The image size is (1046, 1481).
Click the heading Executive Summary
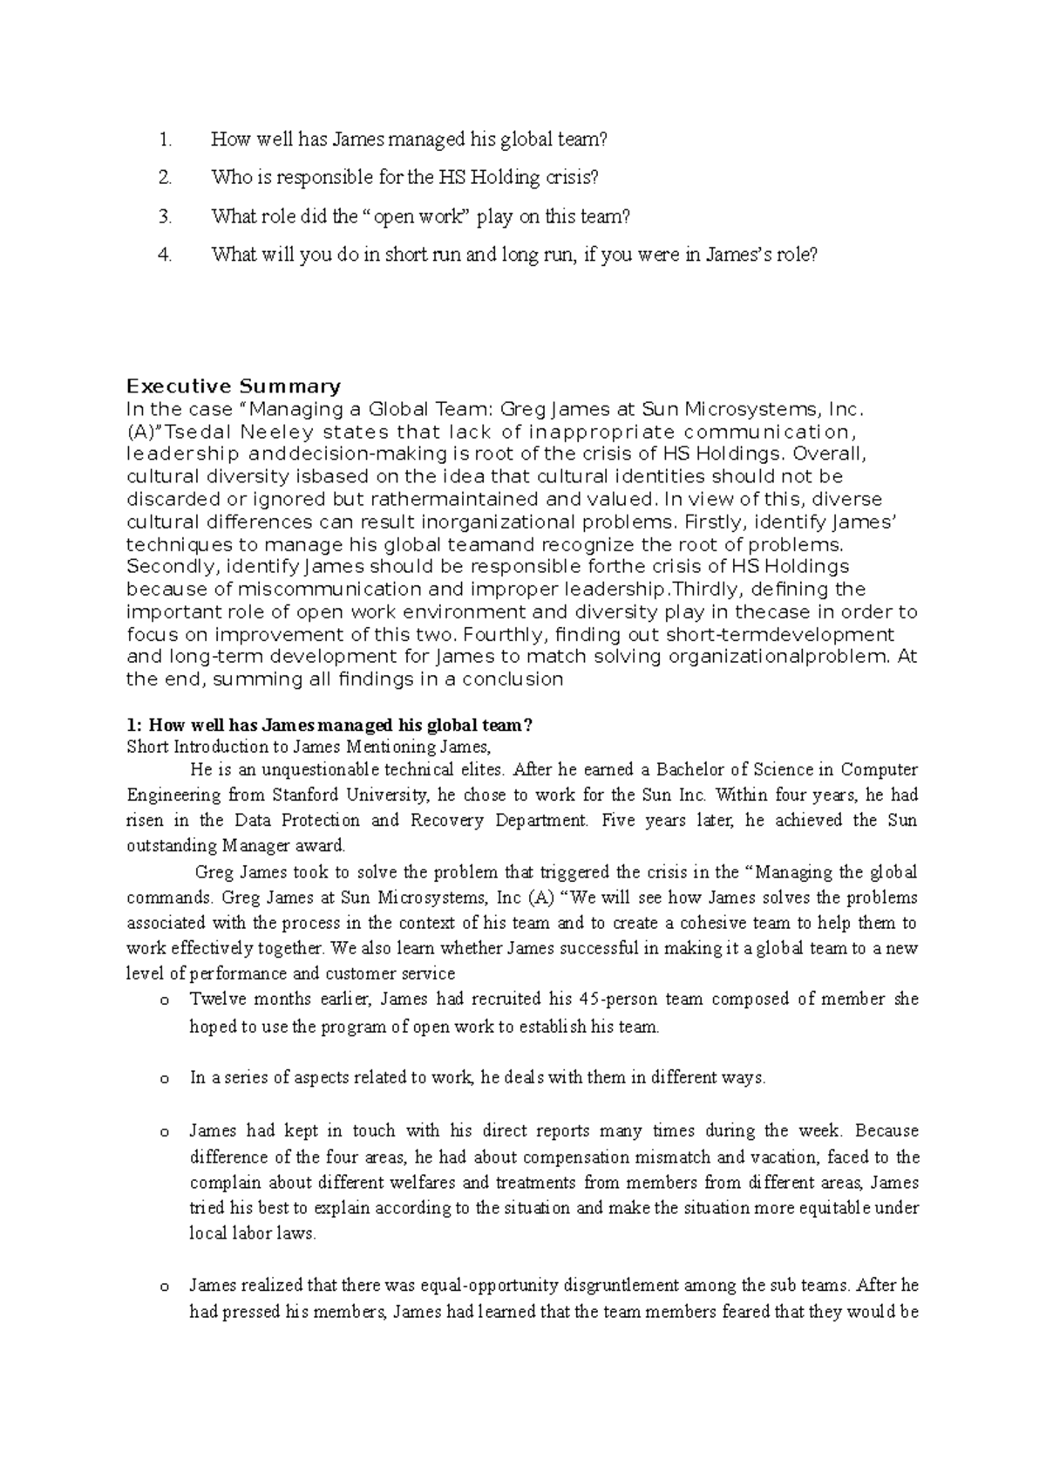pos(234,386)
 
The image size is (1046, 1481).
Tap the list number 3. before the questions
pos(166,216)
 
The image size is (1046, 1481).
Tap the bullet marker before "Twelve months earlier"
pos(163,1000)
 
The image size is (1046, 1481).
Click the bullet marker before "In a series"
pos(163,1079)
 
